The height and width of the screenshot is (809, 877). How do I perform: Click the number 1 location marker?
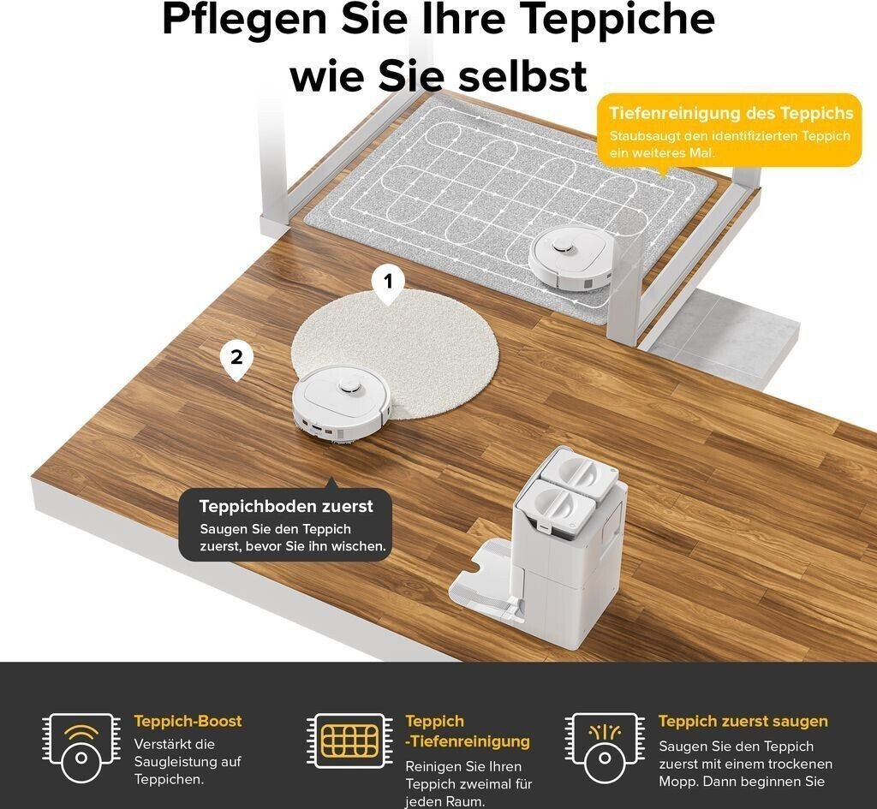click(x=388, y=284)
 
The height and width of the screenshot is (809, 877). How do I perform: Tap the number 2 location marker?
click(x=236, y=360)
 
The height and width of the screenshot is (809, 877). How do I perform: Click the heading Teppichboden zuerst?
click(x=286, y=507)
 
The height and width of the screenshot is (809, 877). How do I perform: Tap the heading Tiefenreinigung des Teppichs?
click(x=731, y=114)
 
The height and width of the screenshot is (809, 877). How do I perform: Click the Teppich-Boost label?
click(x=188, y=721)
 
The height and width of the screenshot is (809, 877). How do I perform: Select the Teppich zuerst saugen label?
click(x=743, y=721)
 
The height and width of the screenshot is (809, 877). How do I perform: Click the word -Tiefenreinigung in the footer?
click(x=468, y=741)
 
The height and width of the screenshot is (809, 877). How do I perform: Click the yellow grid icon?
click(x=350, y=741)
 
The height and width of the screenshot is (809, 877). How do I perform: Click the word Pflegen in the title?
click(x=244, y=21)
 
